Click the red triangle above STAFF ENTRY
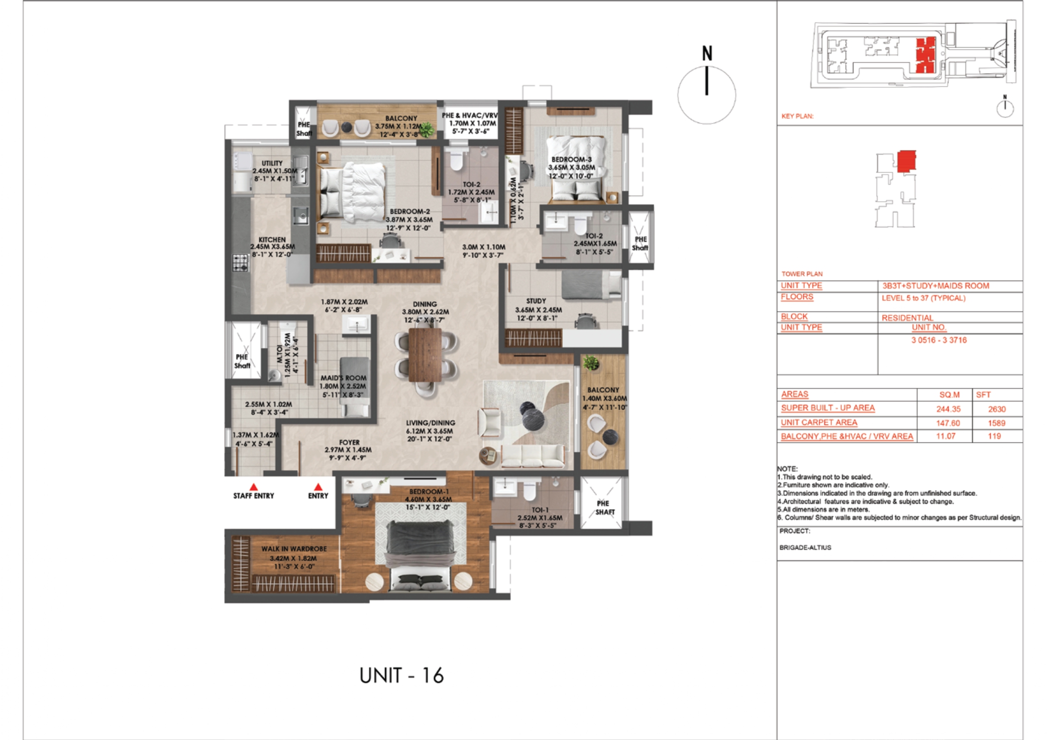(254, 487)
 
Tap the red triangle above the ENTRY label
(318, 487)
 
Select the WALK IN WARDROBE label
(294, 549)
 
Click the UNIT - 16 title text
(401, 676)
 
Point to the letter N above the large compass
(707, 53)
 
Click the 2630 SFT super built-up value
(997, 409)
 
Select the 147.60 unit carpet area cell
(948, 423)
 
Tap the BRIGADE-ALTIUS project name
(805, 548)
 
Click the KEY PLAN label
(797, 116)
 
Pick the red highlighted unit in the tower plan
(906, 161)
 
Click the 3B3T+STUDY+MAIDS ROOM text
(935, 286)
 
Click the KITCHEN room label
(272, 240)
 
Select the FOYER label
(349, 442)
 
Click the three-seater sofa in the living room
(533, 455)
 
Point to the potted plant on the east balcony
(591, 363)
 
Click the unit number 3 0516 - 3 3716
(939, 340)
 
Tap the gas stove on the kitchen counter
(240, 263)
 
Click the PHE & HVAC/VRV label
(469, 115)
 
